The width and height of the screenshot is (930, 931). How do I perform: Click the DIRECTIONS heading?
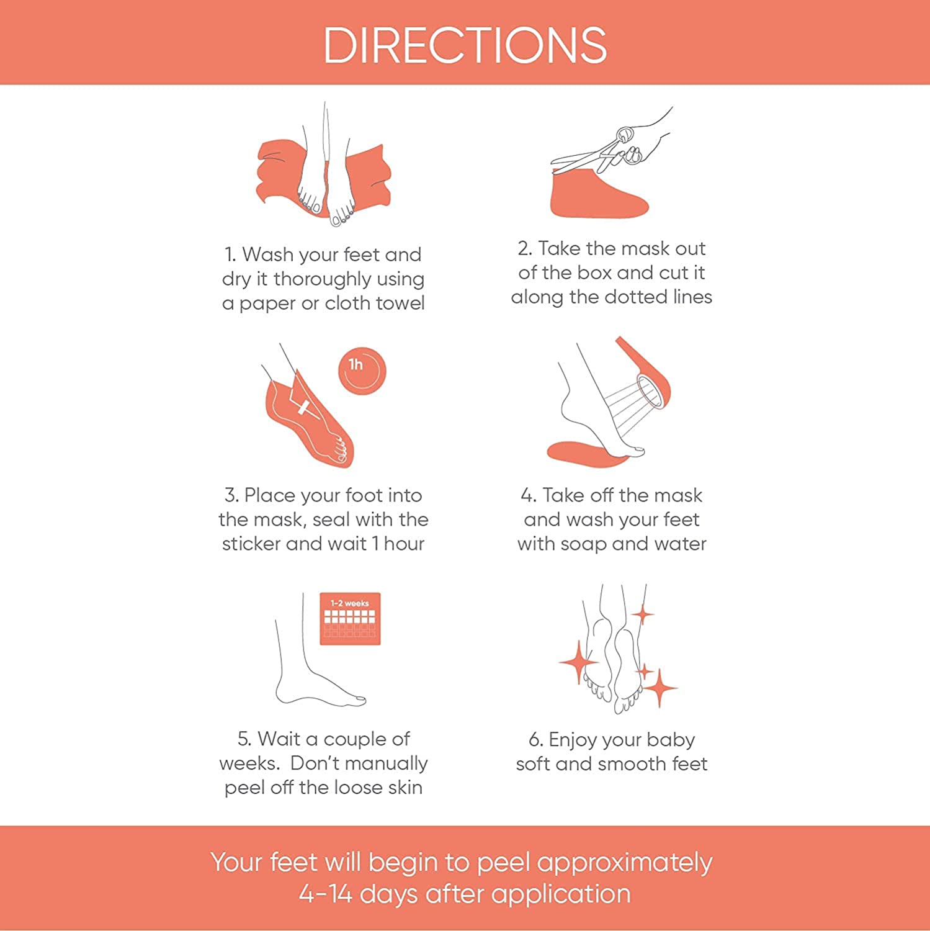pos(465,45)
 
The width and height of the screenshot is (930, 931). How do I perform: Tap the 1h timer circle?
pos(362,371)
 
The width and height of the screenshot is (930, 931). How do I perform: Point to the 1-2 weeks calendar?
pos(350,619)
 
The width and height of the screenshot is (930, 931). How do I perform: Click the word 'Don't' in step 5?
pos(316,763)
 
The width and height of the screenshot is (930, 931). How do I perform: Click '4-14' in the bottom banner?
pos(325,894)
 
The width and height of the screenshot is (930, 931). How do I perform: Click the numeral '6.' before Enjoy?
pos(536,740)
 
